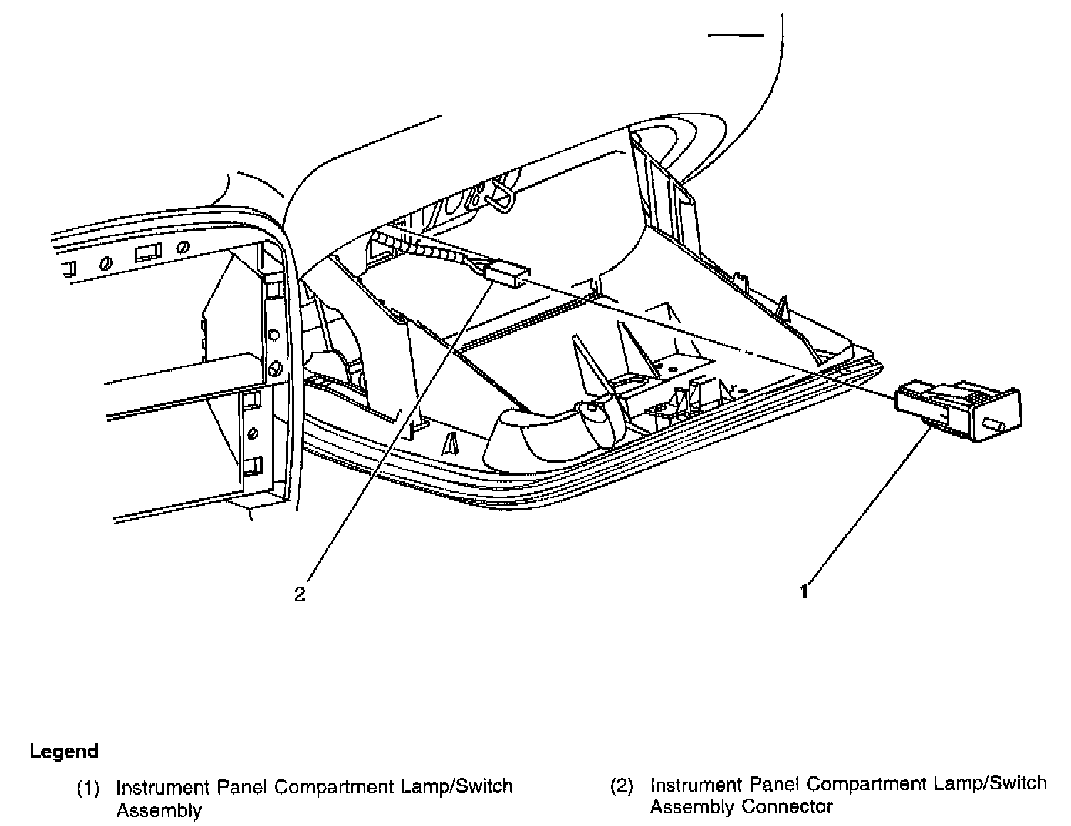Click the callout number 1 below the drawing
coord(804,592)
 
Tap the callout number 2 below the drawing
coord(300,594)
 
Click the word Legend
coord(63,751)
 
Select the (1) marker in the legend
coord(88,788)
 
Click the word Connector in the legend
coord(787,807)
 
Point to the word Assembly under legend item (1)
coord(158,810)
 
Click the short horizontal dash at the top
coord(736,35)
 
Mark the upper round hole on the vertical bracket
coord(273,334)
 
